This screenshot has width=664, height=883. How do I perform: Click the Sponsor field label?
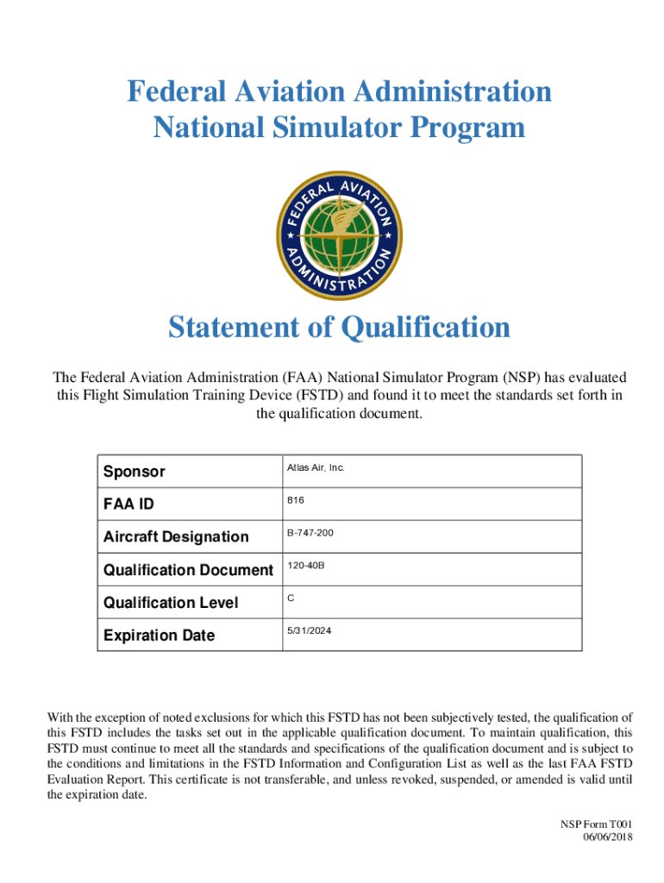tap(134, 472)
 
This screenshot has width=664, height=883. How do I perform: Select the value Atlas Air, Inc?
tap(315, 467)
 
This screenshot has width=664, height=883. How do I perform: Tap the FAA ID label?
tap(128, 504)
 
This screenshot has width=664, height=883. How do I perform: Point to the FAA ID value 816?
tap(295, 500)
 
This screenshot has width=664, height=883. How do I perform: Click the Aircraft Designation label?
tap(175, 536)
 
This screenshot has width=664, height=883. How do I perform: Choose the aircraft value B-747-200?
tap(310, 533)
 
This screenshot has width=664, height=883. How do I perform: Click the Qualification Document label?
tap(188, 570)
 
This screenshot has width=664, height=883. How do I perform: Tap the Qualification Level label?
tap(170, 603)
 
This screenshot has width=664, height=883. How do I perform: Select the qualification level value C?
tap(291, 598)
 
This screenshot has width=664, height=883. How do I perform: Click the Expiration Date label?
tap(159, 636)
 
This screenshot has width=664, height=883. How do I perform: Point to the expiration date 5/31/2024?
tap(309, 631)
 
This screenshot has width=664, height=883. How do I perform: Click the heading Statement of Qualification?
tap(339, 328)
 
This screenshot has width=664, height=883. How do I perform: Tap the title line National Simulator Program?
tap(339, 128)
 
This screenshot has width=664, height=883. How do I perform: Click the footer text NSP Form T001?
tap(596, 825)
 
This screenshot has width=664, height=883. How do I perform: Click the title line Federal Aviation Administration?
tap(339, 91)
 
